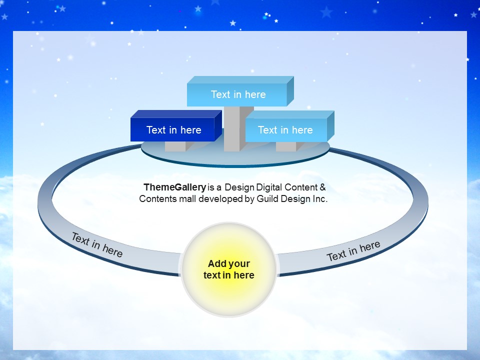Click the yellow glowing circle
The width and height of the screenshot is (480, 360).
(x=229, y=269)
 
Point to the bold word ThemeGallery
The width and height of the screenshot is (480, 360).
(x=175, y=187)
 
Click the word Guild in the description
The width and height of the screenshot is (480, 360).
(x=267, y=198)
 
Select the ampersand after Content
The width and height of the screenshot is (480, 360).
(x=322, y=187)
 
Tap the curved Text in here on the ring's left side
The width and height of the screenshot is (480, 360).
(x=97, y=244)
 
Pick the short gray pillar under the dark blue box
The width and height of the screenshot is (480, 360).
(x=175, y=146)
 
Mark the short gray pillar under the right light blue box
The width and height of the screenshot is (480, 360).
(x=286, y=146)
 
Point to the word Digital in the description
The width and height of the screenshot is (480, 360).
(x=269, y=187)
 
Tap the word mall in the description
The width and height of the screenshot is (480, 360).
(x=187, y=198)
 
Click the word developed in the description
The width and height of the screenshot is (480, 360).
(x=220, y=199)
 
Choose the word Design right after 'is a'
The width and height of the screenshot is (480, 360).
(x=239, y=187)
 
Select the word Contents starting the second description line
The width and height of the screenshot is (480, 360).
(x=158, y=198)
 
